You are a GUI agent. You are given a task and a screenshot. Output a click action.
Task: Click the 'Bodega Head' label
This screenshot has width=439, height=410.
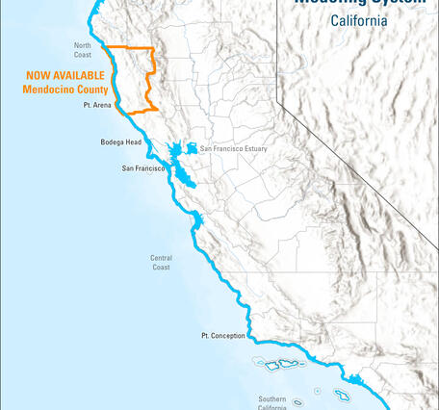pyautogui.click(x=119, y=141)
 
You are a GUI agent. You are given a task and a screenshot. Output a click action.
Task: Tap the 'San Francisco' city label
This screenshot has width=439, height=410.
pyautogui.click(x=144, y=168)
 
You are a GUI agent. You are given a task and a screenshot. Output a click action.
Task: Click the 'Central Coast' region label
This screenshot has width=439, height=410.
pyautogui.click(x=161, y=262)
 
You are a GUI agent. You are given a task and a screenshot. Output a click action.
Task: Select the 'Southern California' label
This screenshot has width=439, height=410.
pyautogui.click(x=271, y=402)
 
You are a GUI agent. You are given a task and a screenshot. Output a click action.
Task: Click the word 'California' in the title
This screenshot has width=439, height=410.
pyautogui.click(x=358, y=20)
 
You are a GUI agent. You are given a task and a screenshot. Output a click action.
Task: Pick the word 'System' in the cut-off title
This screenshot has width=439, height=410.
pyautogui.click(x=397, y=3)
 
